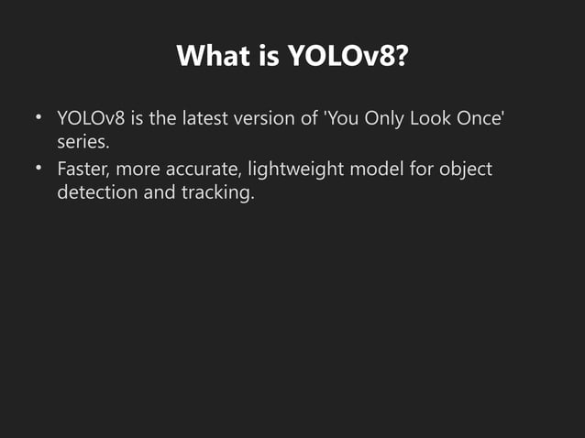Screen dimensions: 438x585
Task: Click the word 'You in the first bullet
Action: pyautogui.click(x=344, y=119)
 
